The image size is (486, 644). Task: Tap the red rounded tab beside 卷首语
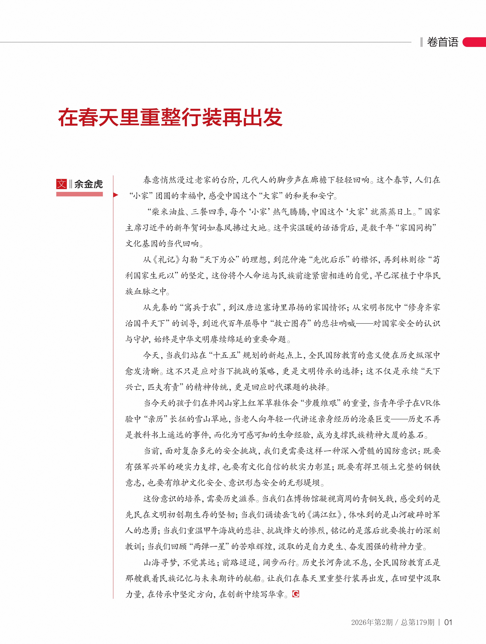tap(475, 42)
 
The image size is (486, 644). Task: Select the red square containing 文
tap(61, 184)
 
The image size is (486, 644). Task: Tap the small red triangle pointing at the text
tap(116, 195)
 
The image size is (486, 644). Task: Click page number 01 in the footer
tap(448, 622)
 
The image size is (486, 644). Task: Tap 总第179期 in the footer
tap(418, 622)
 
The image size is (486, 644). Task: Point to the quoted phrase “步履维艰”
tap(321, 403)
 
